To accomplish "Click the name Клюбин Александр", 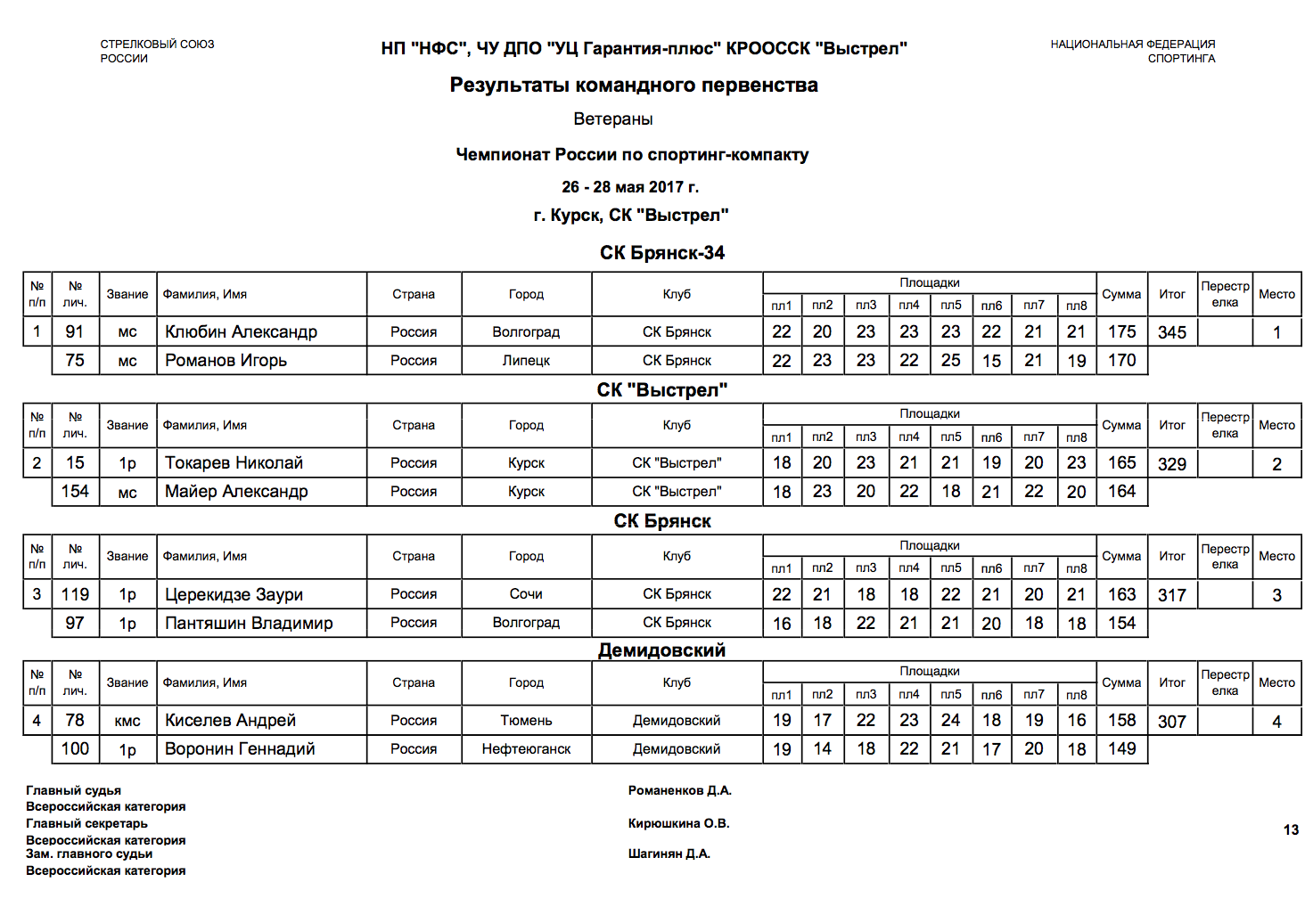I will (241, 332).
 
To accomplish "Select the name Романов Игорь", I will (226, 361).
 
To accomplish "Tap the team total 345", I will (1171, 333).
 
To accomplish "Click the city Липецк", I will (526, 361).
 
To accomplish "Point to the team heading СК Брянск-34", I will (661, 253).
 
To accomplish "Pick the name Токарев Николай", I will (234, 463).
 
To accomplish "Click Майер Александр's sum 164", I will (1121, 492).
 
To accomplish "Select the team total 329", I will (1171, 464).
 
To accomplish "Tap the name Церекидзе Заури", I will (234, 595).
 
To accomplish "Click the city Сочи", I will (526, 594).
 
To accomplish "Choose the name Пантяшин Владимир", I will (249, 624).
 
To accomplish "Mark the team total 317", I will (1171, 595).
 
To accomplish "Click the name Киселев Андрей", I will (230, 721).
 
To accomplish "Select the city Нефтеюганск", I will (526, 749).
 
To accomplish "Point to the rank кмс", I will (127, 721).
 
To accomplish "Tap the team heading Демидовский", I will (661, 650).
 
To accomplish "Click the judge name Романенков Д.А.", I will (679, 790).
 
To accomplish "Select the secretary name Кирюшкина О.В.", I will (678, 823).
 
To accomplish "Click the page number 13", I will (1291, 830).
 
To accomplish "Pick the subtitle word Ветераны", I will (613, 119).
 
